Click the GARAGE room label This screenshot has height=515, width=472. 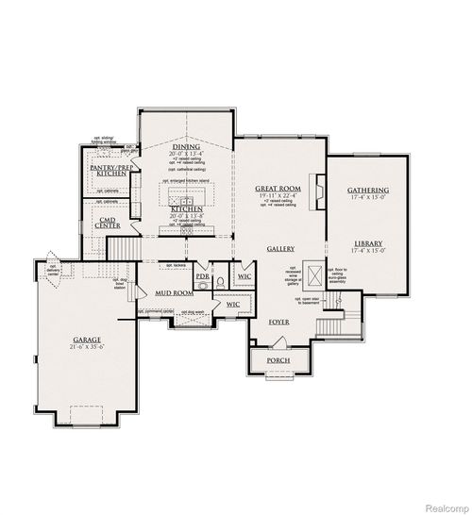point(87,339)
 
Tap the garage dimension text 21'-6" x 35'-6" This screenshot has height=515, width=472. point(87,347)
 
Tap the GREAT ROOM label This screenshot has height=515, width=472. point(277,189)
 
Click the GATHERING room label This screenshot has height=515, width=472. point(367,190)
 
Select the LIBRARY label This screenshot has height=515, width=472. point(367,242)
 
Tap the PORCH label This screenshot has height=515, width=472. point(278,361)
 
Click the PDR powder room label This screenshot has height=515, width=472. point(202,277)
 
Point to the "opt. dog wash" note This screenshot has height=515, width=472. point(192,312)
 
